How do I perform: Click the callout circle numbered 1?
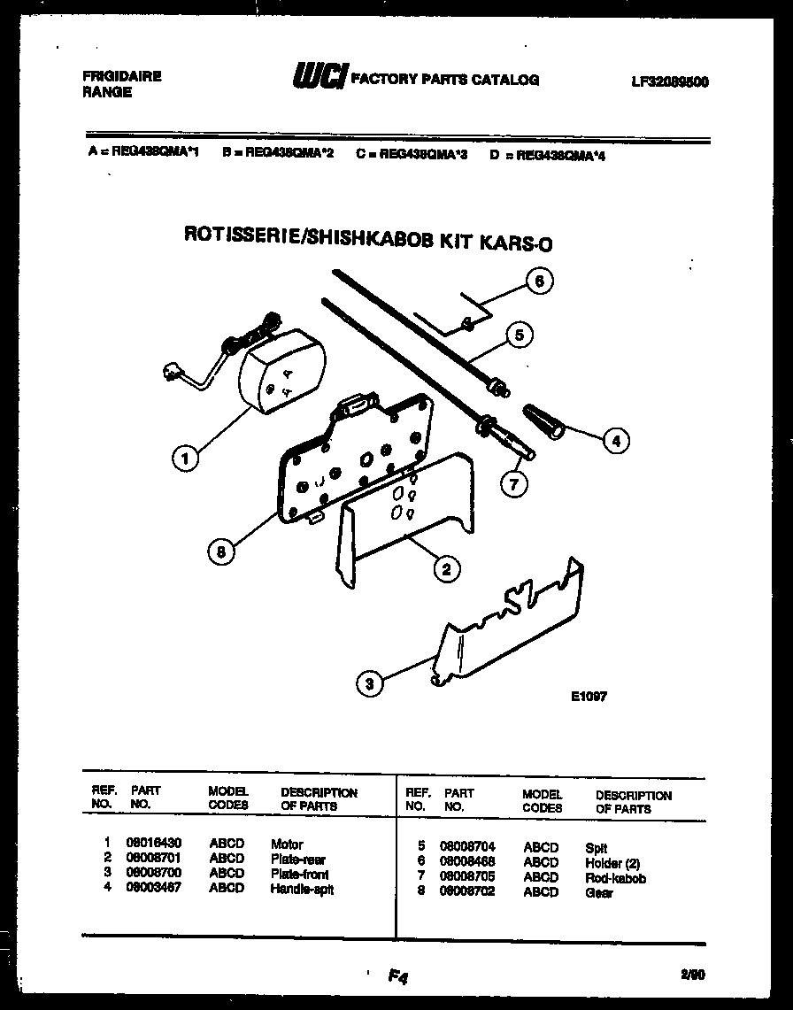tap(185, 458)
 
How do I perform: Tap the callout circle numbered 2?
tap(446, 569)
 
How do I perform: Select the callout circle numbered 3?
tap(370, 682)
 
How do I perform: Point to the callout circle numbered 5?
tap(520, 335)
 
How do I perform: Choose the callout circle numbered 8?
tap(222, 551)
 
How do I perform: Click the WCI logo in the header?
tap(320, 79)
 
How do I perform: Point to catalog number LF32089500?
tap(670, 81)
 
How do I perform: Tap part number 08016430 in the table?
tap(155, 844)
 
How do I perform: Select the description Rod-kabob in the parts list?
tap(615, 878)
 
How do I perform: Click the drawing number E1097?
tap(589, 696)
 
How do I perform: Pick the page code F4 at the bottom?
tap(396, 976)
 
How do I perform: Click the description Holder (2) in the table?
tap(612, 862)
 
